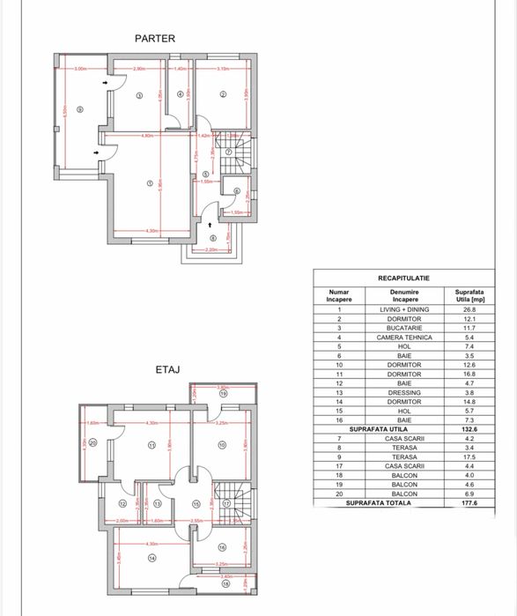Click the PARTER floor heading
coord(155,38)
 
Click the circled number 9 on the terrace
coord(78,109)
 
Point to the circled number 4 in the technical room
coord(180,94)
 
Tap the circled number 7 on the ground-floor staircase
coord(228,152)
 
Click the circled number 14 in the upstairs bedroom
coord(152,557)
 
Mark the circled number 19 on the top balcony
coord(223,395)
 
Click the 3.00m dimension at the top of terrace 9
coord(80,69)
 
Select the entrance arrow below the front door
coord(210,226)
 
